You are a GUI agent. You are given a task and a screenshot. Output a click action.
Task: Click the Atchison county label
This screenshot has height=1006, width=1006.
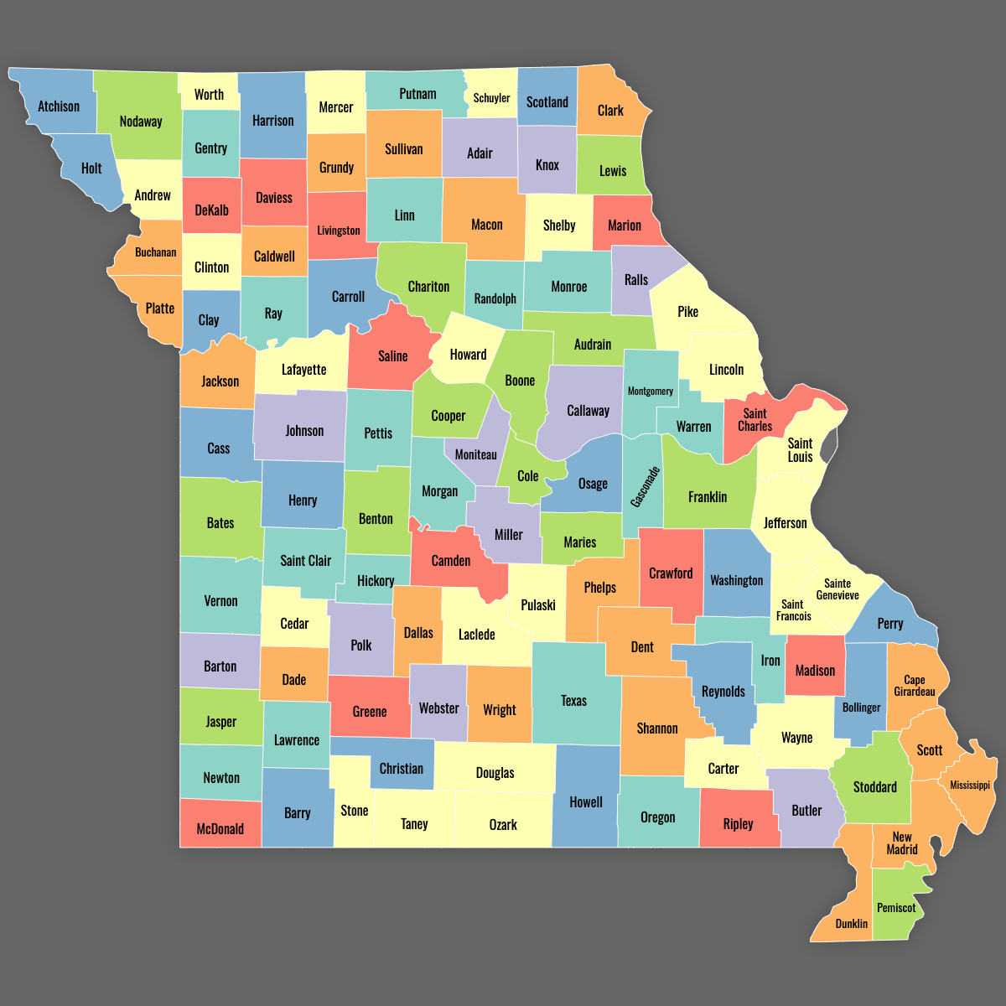click(x=59, y=106)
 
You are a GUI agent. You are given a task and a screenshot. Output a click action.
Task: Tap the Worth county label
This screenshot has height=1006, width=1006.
click(x=209, y=95)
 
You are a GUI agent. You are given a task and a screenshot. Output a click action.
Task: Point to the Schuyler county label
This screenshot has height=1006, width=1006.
click(x=491, y=98)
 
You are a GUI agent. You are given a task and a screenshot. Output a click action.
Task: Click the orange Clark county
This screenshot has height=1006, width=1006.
click(x=610, y=110)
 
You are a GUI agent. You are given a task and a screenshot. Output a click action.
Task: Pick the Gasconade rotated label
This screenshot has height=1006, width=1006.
click(x=646, y=487)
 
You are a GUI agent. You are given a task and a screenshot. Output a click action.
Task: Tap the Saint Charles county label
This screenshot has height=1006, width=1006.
click(x=754, y=420)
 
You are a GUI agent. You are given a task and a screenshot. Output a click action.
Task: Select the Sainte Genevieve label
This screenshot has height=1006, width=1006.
click(x=837, y=589)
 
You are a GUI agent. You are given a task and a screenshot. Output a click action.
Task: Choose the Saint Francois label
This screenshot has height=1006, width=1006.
click(x=793, y=610)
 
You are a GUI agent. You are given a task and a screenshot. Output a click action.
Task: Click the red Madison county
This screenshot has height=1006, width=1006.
click(x=815, y=670)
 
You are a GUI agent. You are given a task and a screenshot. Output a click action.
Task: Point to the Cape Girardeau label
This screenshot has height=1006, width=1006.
click(x=914, y=686)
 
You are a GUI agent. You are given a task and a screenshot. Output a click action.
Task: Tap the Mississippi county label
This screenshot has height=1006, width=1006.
click(x=970, y=786)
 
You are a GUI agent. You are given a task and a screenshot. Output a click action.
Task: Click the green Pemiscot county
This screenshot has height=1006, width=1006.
click(x=896, y=907)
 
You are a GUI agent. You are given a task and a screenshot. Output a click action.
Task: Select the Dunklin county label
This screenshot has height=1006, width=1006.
click(x=852, y=924)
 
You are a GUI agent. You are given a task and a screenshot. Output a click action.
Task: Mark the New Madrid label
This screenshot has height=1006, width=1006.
click(x=902, y=843)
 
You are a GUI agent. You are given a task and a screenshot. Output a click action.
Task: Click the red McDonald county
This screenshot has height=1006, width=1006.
click(x=220, y=829)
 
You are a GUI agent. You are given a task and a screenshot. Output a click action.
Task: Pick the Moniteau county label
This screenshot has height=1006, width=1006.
click(x=476, y=454)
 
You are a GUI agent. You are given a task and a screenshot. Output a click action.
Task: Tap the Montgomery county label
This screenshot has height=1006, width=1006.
click(x=651, y=392)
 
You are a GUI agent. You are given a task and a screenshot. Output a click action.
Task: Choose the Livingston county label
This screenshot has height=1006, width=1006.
click(x=339, y=231)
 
